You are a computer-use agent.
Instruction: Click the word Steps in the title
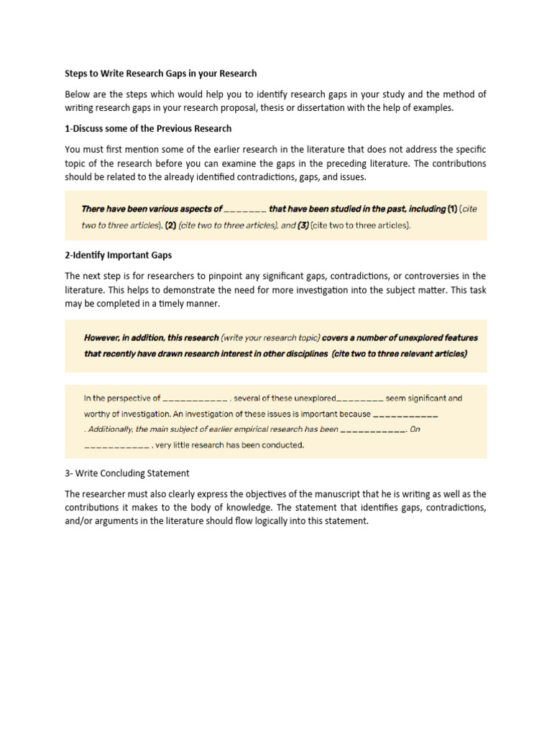[78, 73]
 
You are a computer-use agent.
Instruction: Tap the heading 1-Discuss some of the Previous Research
[148, 128]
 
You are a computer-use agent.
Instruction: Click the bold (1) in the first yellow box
[452, 209]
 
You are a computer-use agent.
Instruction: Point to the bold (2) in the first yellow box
[171, 225]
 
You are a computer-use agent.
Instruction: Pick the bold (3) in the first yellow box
[304, 225]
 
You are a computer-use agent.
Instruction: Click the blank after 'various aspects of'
[245, 209]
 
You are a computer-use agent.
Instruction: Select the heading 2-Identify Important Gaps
[119, 256]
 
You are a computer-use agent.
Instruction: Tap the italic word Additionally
[108, 429]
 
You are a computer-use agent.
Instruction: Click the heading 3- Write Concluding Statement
[127, 473]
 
